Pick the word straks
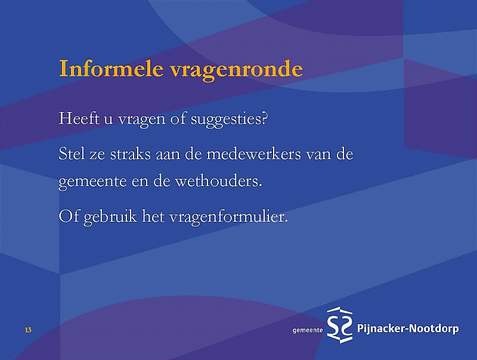(x=130, y=154)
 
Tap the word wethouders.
(x=218, y=181)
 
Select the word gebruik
(x=110, y=218)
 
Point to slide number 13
(x=28, y=330)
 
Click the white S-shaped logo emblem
(x=339, y=325)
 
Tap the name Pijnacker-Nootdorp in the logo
(x=408, y=329)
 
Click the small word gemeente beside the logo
(x=308, y=331)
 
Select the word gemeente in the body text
(x=92, y=182)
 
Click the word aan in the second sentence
(x=168, y=155)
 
